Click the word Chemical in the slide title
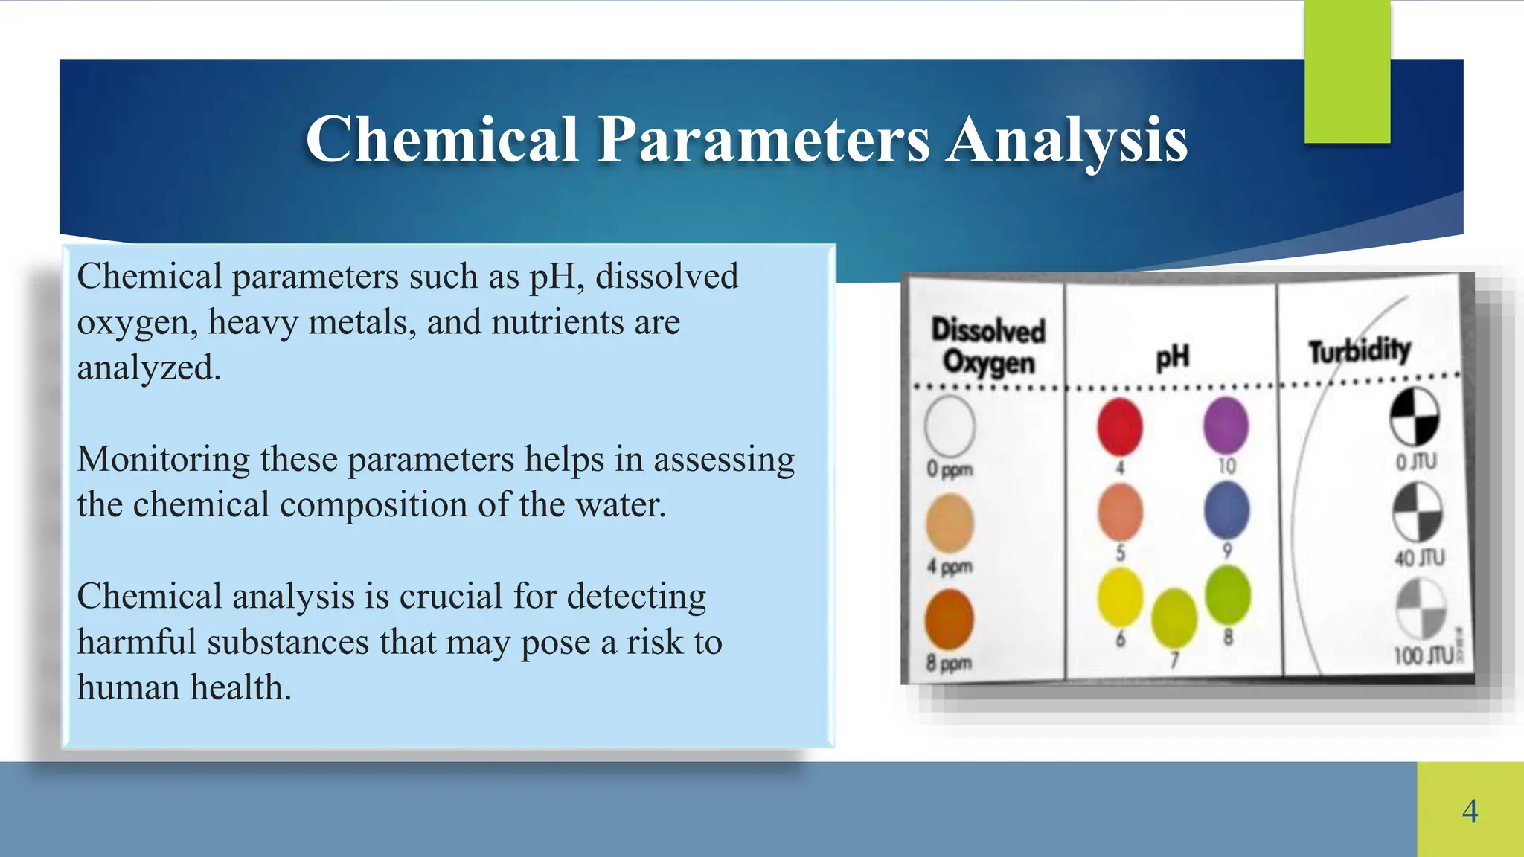[x=442, y=139]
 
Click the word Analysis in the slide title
[x=1067, y=139]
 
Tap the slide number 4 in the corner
[x=1470, y=810]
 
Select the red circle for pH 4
[x=1120, y=426]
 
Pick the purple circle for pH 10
[x=1226, y=425]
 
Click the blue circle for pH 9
[x=1226, y=510]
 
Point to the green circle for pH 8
[x=1227, y=594]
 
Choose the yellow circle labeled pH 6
[x=1120, y=597]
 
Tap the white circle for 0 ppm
[x=950, y=426]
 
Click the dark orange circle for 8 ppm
[x=949, y=620]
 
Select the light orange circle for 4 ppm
[x=950, y=523]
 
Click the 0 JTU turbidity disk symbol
[x=1415, y=416]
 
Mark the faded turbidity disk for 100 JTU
[x=1420, y=609]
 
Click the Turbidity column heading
[x=1360, y=350]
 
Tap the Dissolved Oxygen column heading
[x=988, y=346]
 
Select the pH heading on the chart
[x=1172, y=357]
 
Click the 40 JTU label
[x=1419, y=558]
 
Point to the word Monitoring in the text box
[x=163, y=459]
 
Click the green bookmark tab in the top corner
[x=1347, y=71]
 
